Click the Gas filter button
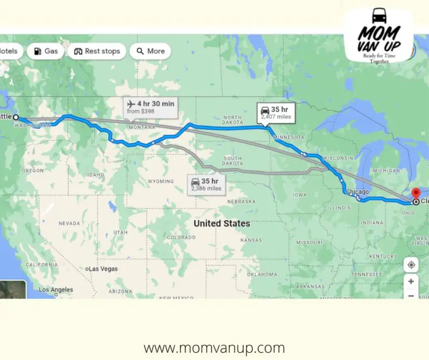pyautogui.click(x=45, y=51)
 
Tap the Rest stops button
pyautogui.click(x=97, y=51)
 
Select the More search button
pyautogui.click(x=150, y=51)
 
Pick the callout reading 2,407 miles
pyautogui.click(x=275, y=112)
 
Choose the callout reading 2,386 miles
pyautogui.click(x=206, y=184)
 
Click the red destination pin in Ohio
pyautogui.click(x=415, y=193)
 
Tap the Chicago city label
pyautogui.click(x=357, y=192)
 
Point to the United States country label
pyautogui.click(x=222, y=223)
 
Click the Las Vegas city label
pyautogui.click(x=103, y=269)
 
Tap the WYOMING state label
pyautogui.click(x=160, y=182)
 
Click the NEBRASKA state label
pyautogui.click(x=241, y=201)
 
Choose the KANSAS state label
pyautogui.click(x=251, y=240)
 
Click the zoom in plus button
pyautogui.click(x=411, y=282)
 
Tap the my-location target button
pyautogui.click(x=411, y=264)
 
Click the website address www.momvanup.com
pyautogui.click(x=214, y=348)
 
